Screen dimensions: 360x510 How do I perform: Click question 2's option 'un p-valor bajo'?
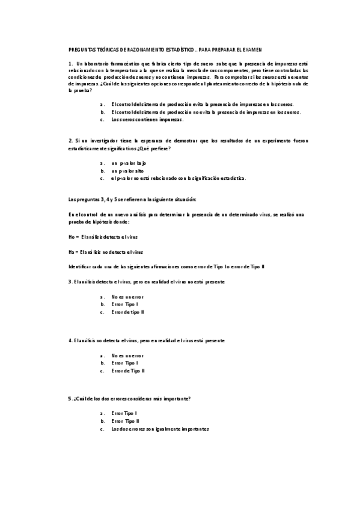(x=129, y=163)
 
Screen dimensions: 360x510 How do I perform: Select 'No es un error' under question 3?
(x=127, y=296)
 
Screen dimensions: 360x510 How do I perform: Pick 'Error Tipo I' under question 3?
(x=124, y=304)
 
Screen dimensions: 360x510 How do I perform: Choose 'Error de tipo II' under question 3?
(x=127, y=312)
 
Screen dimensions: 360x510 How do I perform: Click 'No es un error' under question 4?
(x=127, y=355)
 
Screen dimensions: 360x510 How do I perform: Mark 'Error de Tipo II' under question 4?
(x=128, y=370)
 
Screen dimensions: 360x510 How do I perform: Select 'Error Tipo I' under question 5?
(x=124, y=414)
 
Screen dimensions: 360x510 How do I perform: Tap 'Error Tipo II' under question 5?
(x=126, y=422)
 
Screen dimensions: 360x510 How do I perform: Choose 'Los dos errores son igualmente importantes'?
(x=160, y=429)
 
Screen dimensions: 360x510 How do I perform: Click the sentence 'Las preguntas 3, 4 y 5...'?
(x=137, y=199)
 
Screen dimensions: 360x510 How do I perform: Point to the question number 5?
(x=70, y=399)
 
